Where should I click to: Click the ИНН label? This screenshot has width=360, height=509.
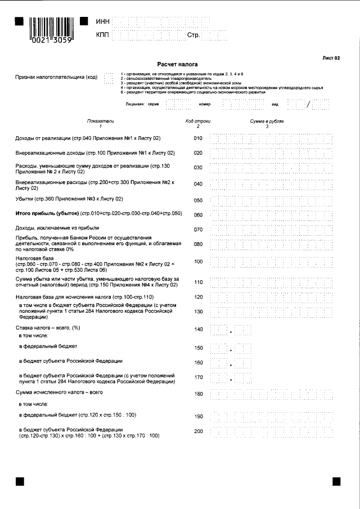coord(102,21)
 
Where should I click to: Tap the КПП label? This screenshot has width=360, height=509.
coord(102,35)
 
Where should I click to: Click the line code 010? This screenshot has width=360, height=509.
coord(197,138)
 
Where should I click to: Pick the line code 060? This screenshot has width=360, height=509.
coord(197,215)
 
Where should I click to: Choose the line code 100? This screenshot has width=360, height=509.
coord(197,262)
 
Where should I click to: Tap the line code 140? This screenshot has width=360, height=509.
coord(197,330)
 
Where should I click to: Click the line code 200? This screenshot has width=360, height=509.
coord(197,431)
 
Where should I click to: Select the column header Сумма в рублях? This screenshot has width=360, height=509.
coord(267,121)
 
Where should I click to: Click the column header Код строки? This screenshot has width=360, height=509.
coord(197,121)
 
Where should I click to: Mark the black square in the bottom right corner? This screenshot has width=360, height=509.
coord(336,481)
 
